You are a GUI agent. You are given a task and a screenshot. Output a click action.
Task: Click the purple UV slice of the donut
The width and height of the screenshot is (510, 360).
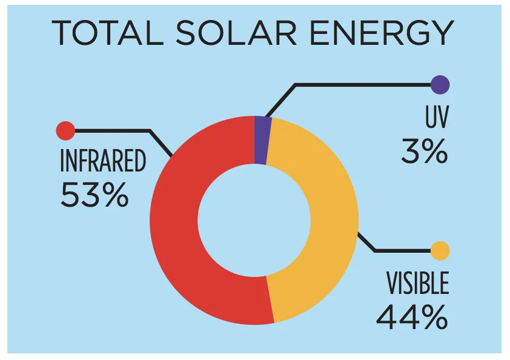[x=262, y=139]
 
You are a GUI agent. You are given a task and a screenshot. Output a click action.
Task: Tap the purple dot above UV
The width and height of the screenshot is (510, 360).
[x=440, y=84]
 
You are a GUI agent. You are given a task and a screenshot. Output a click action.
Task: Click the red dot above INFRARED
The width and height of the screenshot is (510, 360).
[x=65, y=130]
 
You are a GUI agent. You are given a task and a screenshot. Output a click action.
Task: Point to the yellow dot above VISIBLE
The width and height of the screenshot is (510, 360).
[x=440, y=250]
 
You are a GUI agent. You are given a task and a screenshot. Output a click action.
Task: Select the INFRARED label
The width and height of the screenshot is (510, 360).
[x=103, y=162]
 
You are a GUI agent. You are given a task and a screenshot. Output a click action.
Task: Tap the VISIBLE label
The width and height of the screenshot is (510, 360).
[x=418, y=284]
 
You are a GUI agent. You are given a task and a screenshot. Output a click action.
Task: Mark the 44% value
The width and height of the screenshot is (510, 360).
[x=412, y=316]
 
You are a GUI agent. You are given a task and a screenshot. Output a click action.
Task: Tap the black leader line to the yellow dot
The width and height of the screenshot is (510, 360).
[x=400, y=250]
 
